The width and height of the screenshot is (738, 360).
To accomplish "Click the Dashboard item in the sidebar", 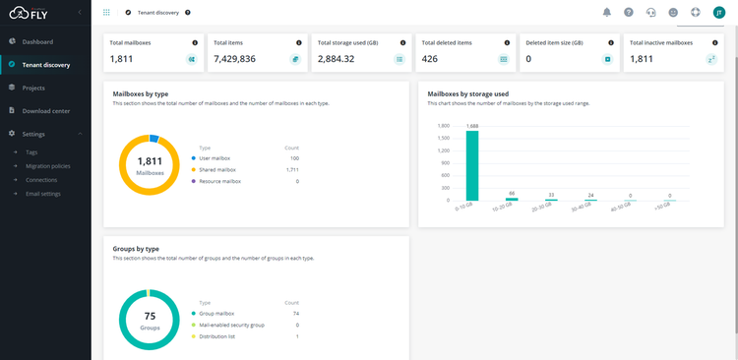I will tap(37, 41).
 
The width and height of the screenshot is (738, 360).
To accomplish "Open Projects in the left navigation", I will tap(33, 88).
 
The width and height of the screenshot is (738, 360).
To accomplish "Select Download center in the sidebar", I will tap(45, 111).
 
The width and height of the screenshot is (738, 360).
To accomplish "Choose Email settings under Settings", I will tap(42, 193).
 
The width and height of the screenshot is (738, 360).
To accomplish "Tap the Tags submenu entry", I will tap(31, 152).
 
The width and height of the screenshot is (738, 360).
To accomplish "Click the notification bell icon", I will tap(606, 12).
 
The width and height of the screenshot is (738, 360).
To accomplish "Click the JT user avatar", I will tap(718, 12).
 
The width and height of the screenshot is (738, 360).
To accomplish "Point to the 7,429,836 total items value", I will tap(234, 59).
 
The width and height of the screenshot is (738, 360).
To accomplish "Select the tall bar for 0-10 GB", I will tap(472, 165).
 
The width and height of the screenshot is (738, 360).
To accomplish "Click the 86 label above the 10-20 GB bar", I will tap(511, 193).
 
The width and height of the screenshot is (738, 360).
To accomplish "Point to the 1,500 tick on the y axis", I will tap(443, 138).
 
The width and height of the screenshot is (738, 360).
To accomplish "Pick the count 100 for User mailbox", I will tap(293, 157).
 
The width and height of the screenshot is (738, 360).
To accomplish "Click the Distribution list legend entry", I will tap(218, 336).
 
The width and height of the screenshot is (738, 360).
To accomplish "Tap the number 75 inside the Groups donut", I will tap(150, 316).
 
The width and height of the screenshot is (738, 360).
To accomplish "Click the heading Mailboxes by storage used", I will tap(467, 94).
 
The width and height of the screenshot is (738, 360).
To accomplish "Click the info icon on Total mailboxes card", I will tap(193, 43).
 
